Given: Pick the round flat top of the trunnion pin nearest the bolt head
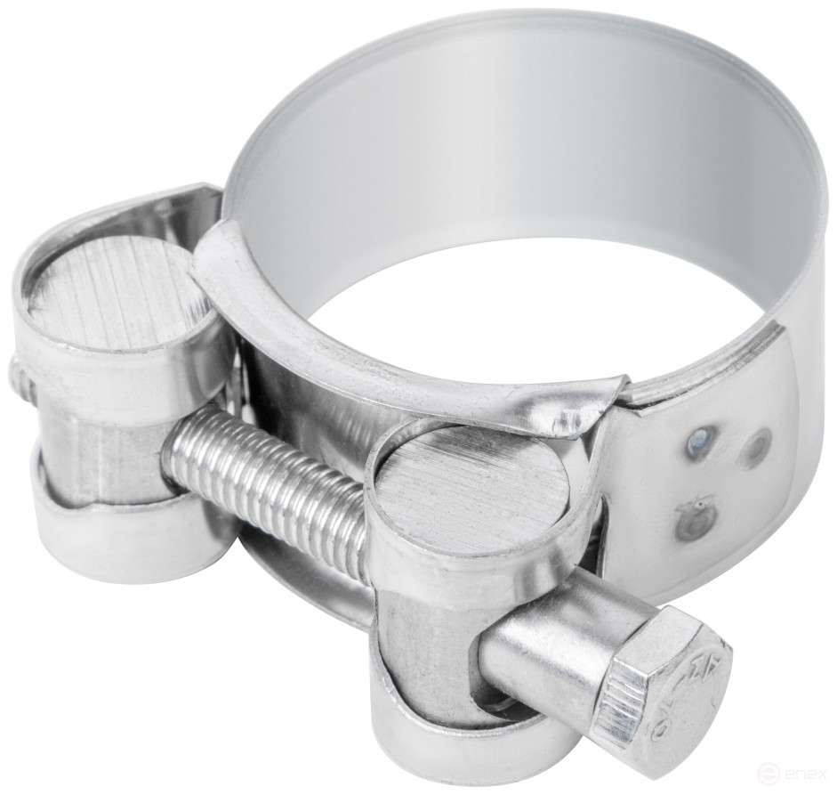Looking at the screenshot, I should (x=471, y=485).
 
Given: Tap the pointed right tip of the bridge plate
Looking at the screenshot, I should (x=623, y=383).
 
